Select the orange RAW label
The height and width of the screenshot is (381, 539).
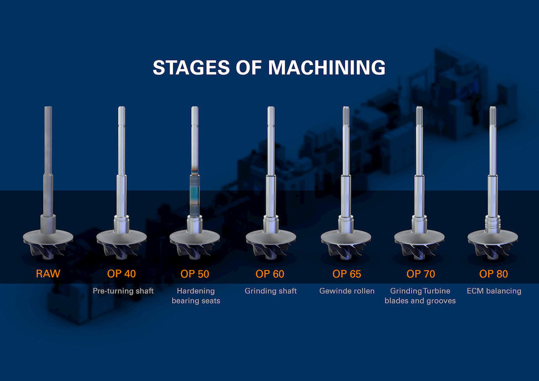coord(48,274)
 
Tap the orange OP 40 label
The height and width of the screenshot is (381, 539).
coord(123,274)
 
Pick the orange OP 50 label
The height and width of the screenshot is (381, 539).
coord(195,274)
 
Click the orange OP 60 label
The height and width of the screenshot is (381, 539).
coord(270,274)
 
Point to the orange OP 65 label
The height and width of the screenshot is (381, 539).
coord(347,274)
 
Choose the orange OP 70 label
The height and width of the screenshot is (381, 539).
coord(421,274)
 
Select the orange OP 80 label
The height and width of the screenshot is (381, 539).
coord(494,274)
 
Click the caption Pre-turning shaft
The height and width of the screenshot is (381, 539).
coord(123,291)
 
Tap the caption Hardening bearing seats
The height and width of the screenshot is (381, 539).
coord(195,296)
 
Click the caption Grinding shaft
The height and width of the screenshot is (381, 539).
coord(271,291)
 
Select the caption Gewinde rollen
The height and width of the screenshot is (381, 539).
coord(347,291)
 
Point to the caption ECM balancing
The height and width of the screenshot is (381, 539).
coord(494,291)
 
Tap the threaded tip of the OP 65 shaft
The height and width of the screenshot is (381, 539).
coord(346,115)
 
